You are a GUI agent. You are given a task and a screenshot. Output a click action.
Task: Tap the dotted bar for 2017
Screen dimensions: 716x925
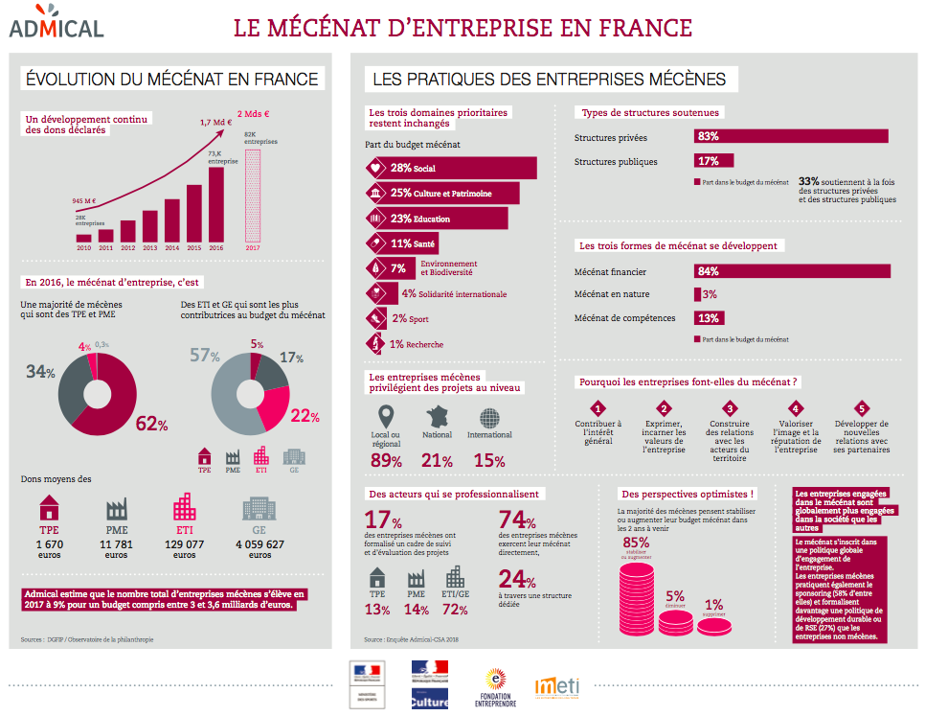tap(253, 196)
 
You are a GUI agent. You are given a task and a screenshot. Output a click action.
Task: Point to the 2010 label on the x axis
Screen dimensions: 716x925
tap(84, 247)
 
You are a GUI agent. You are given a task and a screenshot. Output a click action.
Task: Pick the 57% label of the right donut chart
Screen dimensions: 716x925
tap(199, 357)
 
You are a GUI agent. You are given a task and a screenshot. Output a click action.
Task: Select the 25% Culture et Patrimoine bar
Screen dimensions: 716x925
tap(443, 193)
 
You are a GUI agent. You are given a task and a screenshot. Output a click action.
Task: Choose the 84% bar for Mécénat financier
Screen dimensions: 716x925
tap(792, 271)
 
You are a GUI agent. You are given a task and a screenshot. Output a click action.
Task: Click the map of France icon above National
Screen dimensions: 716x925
tap(437, 418)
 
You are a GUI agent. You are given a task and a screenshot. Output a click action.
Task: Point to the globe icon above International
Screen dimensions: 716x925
tap(489, 419)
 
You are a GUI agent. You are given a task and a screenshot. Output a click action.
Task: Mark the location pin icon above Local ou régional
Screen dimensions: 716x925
tap(386, 418)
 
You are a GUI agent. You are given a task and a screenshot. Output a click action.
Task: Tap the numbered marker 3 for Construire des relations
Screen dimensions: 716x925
tap(730, 408)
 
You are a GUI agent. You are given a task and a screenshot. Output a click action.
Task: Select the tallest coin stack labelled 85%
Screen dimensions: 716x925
tap(637, 599)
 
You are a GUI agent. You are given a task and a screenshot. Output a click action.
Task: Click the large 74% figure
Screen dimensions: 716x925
tap(517, 520)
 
